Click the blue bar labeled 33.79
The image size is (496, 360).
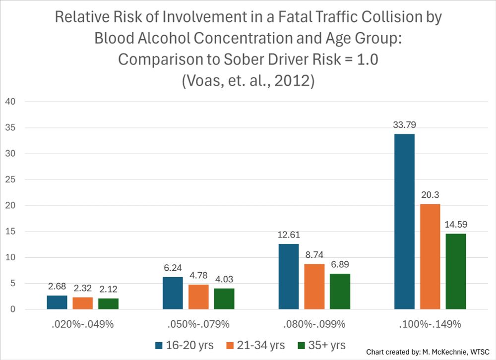[x=404, y=222]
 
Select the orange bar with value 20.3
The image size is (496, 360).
[x=430, y=257]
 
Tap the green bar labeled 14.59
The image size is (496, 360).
[x=455, y=272]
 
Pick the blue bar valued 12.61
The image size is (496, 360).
[x=289, y=277]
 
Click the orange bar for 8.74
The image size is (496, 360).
[x=314, y=287]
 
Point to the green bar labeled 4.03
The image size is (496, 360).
[x=224, y=299]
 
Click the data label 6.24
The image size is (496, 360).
[x=173, y=268]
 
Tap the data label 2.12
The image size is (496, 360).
[x=109, y=290]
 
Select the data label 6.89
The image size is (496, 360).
[x=340, y=265]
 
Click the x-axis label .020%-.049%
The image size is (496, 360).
[x=83, y=325]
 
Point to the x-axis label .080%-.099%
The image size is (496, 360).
[x=314, y=325]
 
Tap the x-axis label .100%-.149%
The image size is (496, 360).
[x=430, y=325]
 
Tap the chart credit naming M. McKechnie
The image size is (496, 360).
[x=429, y=351]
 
